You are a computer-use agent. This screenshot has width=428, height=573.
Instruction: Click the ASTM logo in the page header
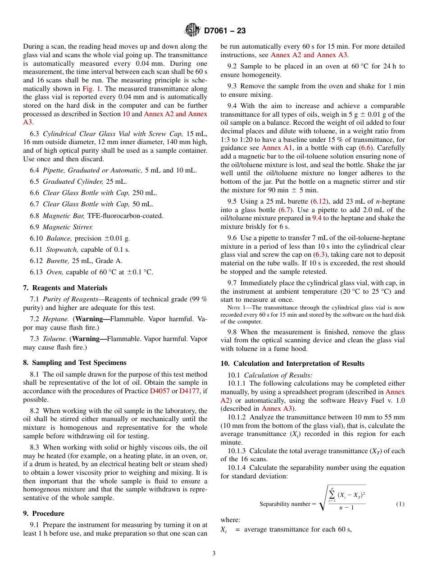[x=192, y=31]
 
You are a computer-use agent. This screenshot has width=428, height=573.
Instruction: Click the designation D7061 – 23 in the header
[x=225, y=31]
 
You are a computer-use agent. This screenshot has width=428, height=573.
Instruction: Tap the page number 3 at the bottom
[x=214, y=553]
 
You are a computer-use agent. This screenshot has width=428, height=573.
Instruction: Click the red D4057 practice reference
[x=159, y=391]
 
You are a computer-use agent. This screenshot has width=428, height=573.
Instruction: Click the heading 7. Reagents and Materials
[x=65, y=288]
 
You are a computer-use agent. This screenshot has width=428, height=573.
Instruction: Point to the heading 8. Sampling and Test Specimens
[x=74, y=363]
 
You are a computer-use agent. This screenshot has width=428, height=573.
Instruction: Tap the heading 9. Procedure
[x=44, y=514]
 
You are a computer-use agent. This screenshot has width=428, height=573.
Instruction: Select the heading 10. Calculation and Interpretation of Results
[x=292, y=364]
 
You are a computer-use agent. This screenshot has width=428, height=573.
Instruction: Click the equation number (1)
[x=400, y=504]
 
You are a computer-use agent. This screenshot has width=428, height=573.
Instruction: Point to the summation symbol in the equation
[x=332, y=495]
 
